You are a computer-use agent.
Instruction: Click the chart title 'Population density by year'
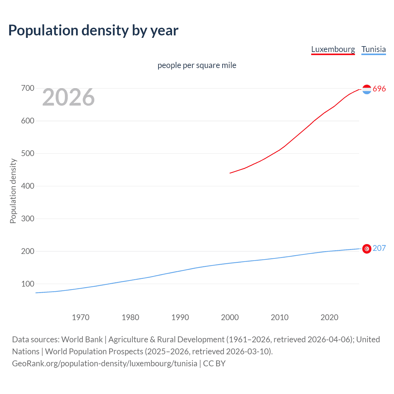[93, 30]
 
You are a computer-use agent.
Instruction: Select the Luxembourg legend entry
[333, 49]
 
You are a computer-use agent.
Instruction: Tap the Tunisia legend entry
[373, 49]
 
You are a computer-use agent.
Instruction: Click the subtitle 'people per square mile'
[197, 65]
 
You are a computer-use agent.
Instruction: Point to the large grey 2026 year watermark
[68, 97]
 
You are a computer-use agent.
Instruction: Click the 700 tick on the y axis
[28, 88]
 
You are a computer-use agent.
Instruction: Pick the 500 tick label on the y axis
[28, 154]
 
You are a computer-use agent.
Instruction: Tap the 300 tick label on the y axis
[28, 219]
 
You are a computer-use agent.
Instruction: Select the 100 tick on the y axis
[28, 284]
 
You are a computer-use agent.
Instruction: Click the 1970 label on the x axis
[81, 317]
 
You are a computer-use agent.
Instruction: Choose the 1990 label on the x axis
[180, 317]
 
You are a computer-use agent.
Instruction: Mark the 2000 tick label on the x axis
[230, 317]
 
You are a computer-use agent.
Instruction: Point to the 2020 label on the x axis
[329, 317]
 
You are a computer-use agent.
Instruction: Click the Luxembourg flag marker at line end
[367, 89]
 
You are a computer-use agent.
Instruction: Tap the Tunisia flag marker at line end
[367, 249]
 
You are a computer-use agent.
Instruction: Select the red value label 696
[379, 89]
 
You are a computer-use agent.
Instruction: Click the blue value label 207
[379, 248]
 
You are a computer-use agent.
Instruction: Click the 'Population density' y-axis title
[13, 191]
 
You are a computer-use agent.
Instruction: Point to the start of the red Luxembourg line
[230, 173]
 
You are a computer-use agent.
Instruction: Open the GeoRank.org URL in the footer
[105, 364]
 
